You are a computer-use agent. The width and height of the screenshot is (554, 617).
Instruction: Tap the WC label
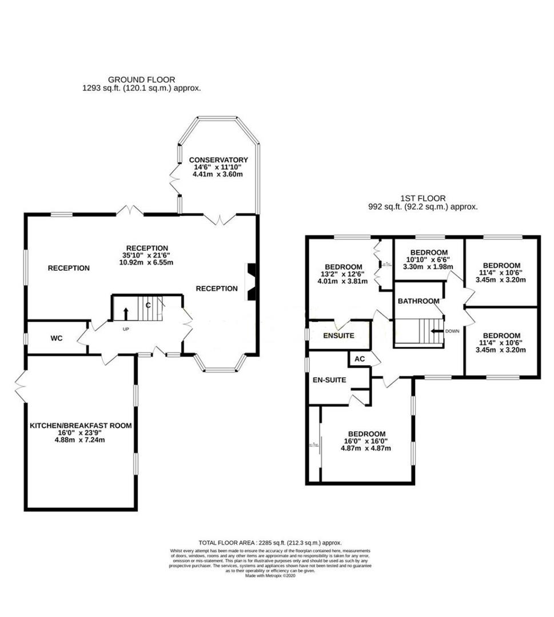point(56,338)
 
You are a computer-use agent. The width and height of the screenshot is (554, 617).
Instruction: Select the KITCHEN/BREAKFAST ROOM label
point(81,426)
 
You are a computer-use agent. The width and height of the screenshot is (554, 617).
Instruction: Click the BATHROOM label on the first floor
point(419,301)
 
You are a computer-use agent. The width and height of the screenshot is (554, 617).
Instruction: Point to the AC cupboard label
point(360,359)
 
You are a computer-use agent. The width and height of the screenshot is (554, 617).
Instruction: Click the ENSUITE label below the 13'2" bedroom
point(340,335)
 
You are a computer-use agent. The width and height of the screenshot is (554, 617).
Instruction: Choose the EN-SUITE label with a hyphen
point(329,379)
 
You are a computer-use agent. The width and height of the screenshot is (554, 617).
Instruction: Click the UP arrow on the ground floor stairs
point(126,313)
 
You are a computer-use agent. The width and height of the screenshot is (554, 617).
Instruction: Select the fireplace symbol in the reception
point(250,281)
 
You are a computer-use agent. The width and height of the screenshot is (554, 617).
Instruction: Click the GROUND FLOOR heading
point(141,79)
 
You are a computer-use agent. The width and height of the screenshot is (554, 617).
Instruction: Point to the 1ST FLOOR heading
point(423,198)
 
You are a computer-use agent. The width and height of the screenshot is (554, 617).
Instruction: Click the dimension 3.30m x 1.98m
point(428,266)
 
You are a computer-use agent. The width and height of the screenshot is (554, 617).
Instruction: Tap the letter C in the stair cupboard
point(148,305)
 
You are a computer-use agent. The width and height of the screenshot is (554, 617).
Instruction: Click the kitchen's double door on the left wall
point(20,386)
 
